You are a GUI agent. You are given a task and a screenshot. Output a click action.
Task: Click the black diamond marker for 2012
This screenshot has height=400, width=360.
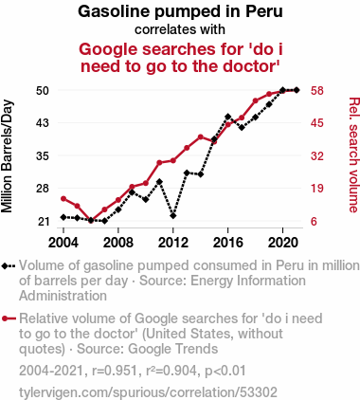[x=173, y=216]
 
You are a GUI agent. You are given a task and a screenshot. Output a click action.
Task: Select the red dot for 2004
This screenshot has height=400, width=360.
[x=63, y=199]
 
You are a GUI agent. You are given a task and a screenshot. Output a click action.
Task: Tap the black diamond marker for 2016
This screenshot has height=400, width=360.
[x=227, y=117]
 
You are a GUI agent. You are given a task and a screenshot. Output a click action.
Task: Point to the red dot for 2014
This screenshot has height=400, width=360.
[x=200, y=136]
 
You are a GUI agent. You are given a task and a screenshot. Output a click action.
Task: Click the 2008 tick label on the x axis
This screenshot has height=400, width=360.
[x=118, y=243]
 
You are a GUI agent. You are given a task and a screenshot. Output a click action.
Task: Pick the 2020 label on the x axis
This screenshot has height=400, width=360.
[x=282, y=243]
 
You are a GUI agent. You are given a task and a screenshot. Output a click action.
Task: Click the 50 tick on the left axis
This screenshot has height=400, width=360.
[x=43, y=91]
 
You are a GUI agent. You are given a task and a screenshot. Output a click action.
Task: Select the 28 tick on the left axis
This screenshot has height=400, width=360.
[x=43, y=189]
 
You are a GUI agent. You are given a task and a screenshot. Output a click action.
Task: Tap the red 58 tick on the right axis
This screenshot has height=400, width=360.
[x=317, y=91]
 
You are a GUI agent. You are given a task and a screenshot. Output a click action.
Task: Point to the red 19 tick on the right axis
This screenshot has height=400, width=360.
[x=317, y=189]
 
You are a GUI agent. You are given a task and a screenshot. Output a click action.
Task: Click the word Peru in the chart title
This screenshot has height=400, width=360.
[x=264, y=11]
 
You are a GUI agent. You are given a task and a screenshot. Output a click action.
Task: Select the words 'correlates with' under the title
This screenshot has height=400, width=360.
[x=180, y=29]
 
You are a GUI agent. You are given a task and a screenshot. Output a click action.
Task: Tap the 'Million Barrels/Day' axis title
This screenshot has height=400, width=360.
[x=7, y=156]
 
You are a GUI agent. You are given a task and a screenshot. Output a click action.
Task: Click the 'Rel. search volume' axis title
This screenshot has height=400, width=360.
[x=353, y=155]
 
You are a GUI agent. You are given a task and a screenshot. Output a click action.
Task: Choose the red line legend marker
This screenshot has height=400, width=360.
[x=9, y=318]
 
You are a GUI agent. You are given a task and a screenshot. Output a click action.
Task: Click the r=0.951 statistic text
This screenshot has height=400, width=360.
[x=115, y=371]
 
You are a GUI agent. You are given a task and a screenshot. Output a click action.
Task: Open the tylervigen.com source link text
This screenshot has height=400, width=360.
[x=148, y=392]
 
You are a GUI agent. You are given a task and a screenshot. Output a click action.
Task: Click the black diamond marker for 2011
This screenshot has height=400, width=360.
[x=159, y=182]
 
